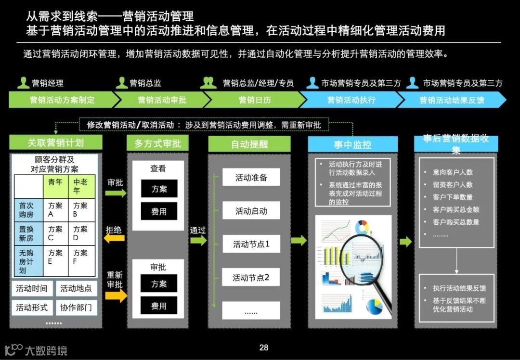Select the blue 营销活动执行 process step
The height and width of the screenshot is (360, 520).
351,100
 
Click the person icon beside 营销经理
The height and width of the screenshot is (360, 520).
23,83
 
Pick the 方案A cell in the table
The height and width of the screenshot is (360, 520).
55,210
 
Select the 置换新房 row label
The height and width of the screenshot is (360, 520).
27,234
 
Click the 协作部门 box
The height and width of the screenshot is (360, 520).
76,308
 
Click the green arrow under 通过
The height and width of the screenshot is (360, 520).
198,240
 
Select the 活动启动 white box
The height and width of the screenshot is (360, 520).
251,211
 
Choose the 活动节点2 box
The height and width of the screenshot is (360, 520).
251,278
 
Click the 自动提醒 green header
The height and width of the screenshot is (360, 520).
249,143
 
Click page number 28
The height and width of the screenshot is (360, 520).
263,348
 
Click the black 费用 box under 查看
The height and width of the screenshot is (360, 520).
159,211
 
